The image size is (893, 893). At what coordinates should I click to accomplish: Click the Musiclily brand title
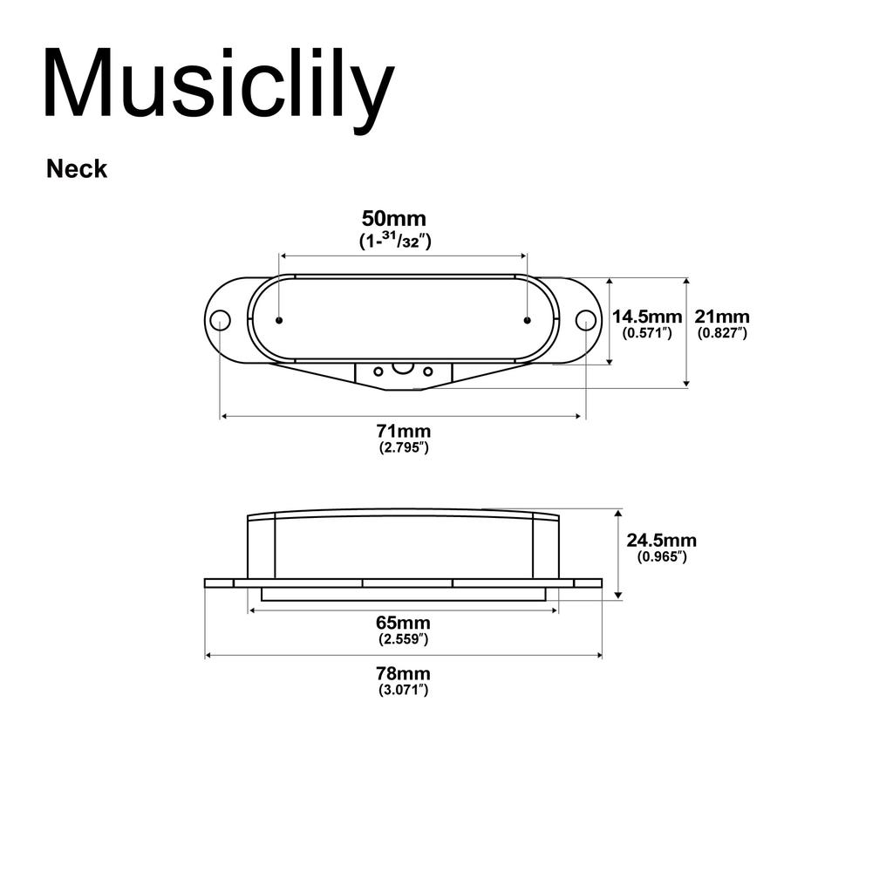click(x=218, y=84)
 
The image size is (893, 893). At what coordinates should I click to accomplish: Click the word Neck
click(x=77, y=169)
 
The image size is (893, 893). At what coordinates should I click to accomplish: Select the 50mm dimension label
click(x=394, y=218)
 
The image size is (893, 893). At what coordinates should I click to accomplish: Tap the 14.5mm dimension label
click(x=646, y=317)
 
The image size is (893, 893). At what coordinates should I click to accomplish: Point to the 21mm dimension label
click(x=721, y=317)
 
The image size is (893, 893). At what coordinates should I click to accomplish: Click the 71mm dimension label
click(x=402, y=431)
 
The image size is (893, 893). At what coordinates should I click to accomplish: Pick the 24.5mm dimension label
click(x=661, y=541)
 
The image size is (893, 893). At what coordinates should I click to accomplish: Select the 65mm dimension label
click(x=402, y=623)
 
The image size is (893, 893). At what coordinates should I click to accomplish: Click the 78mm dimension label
click(x=402, y=673)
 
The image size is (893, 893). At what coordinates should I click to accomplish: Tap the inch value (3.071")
click(x=402, y=690)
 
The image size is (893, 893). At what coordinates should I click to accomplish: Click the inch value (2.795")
click(x=402, y=447)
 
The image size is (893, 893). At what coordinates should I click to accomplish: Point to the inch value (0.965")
click(x=661, y=557)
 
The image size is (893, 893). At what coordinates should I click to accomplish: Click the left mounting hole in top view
click(x=221, y=320)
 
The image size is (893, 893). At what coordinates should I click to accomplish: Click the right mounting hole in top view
click(x=585, y=320)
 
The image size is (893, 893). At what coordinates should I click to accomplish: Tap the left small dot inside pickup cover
click(x=278, y=320)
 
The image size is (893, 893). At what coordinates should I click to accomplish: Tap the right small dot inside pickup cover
click(x=527, y=320)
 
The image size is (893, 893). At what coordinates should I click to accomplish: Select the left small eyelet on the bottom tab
click(x=378, y=372)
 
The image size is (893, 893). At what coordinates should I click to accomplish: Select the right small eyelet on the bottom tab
click(x=428, y=372)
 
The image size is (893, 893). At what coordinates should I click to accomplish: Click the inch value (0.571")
click(x=646, y=333)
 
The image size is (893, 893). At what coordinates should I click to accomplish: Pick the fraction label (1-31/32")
click(x=395, y=241)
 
